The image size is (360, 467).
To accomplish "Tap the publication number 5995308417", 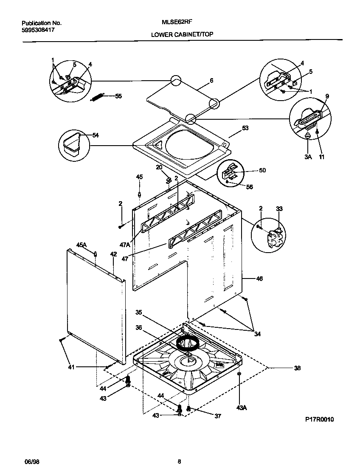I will [x=38, y=30].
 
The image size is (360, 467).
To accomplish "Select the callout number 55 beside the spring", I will [x=118, y=96].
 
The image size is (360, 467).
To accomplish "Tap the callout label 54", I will [x=96, y=135].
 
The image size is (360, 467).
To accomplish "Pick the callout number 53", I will [x=245, y=128].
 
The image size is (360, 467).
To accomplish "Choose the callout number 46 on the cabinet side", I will [x=259, y=279].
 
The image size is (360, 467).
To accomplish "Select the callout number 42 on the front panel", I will [x=113, y=254].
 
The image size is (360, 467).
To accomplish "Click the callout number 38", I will [x=297, y=368].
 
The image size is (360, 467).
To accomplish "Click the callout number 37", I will [x=217, y=416].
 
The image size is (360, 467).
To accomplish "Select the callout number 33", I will [x=279, y=208].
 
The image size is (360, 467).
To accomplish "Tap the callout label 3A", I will [x=307, y=157].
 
